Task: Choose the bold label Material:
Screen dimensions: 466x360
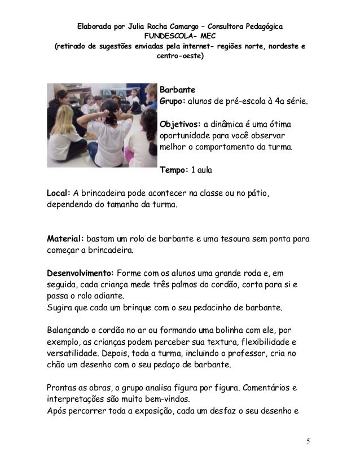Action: pyautogui.click(x=65, y=238)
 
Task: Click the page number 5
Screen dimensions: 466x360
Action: pyautogui.click(x=309, y=440)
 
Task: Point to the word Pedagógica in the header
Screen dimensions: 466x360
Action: pyautogui.click(x=263, y=27)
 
